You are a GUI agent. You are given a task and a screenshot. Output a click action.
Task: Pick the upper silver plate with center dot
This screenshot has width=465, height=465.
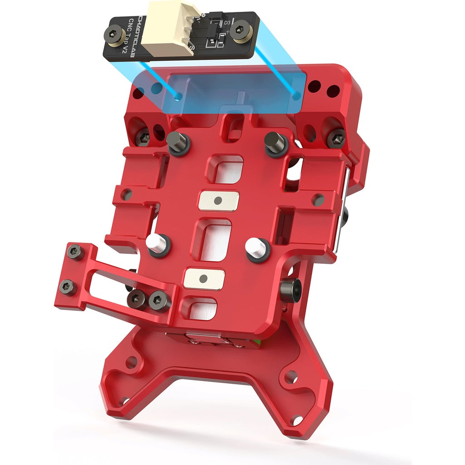tap(218, 200)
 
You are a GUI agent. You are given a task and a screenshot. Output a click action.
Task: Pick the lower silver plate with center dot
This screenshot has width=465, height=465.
tap(204, 278)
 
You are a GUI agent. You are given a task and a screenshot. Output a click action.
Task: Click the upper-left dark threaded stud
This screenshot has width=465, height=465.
tap(177, 143)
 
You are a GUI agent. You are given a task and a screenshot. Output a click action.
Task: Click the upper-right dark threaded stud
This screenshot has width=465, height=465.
tap(275, 143)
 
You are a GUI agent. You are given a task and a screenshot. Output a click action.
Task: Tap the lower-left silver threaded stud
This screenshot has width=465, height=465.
tap(158, 244)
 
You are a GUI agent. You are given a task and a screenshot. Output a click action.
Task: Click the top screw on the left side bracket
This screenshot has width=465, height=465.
tap(74, 251)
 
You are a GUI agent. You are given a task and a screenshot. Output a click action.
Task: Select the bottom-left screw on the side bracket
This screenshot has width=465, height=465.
tap(68, 287)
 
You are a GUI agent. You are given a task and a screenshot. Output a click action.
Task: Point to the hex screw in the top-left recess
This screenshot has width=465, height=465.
tap(143, 137)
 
